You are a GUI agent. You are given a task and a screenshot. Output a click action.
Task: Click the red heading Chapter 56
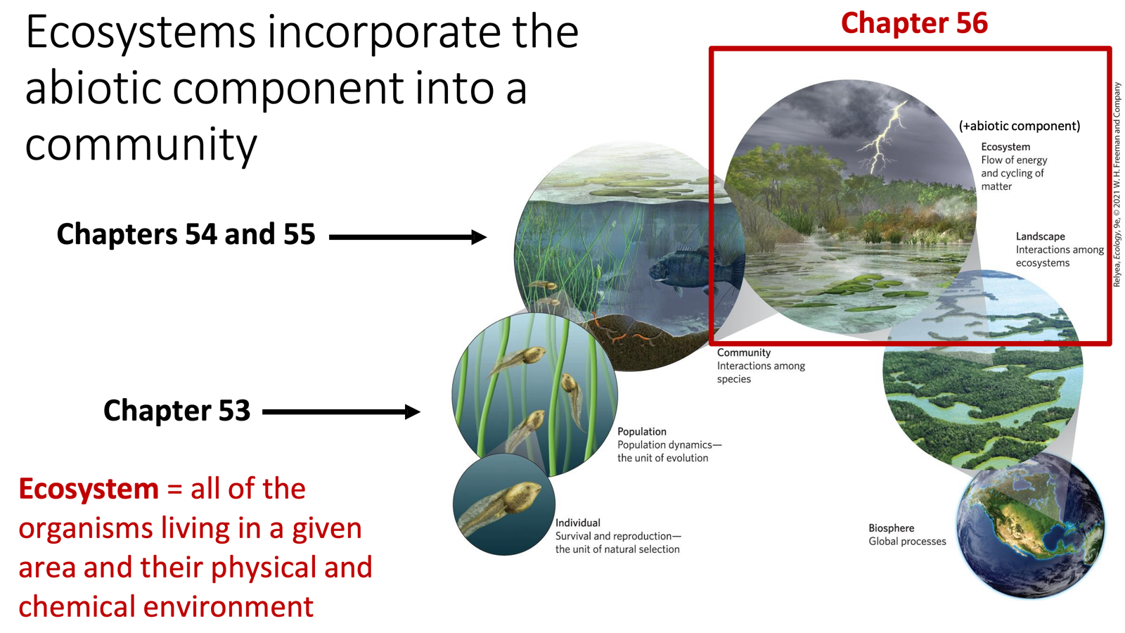(913, 23)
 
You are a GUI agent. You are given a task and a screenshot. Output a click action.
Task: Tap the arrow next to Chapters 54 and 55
(407, 237)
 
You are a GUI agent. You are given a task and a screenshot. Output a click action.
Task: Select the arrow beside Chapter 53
(341, 411)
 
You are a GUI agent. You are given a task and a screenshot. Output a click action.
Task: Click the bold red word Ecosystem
(89, 489)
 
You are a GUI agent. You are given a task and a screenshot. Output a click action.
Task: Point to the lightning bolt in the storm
(882, 137)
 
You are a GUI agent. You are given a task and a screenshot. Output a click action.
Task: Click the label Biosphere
(891, 528)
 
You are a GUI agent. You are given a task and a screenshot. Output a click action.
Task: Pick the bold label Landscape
(1040, 236)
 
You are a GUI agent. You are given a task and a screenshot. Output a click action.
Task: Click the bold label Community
(743, 352)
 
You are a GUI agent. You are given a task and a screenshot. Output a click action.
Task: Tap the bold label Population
(641, 431)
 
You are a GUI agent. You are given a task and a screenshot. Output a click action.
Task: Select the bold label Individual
(577, 523)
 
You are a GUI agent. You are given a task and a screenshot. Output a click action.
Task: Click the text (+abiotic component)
(1019, 126)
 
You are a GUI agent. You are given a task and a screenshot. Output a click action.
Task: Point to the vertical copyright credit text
(1116, 184)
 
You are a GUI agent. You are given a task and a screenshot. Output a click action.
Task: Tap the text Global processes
(907, 542)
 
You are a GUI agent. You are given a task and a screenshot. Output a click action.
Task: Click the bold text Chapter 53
(176, 411)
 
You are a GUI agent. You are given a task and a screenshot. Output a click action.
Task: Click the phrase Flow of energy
(1013, 160)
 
